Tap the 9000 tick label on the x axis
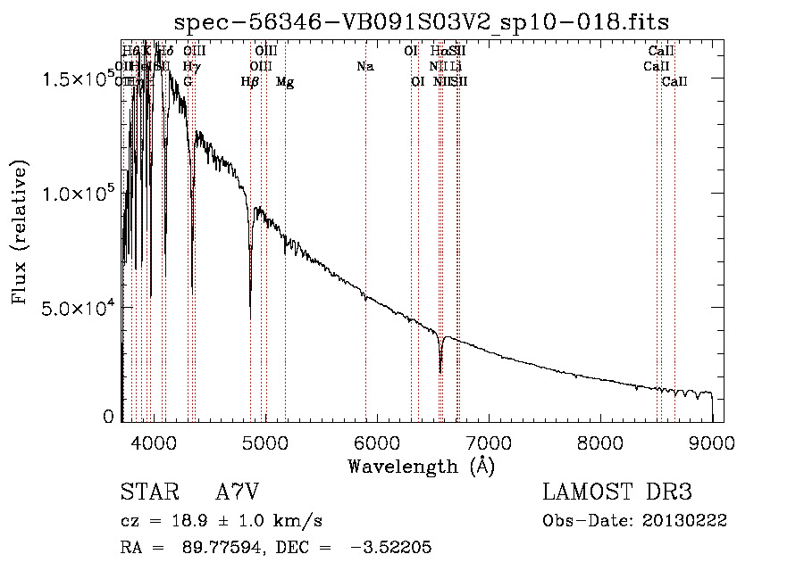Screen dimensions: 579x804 [712, 443]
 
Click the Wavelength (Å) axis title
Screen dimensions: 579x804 [421, 466]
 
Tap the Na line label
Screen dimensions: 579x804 [364, 67]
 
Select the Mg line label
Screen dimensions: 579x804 [285, 82]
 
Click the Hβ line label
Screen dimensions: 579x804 [250, 82]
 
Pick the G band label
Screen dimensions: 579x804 [188, 82]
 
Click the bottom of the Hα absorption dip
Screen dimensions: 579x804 [440, 371]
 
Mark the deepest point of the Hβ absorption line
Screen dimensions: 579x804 [250, 291]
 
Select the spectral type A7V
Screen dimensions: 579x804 [237, 492]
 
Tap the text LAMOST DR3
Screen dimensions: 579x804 [617, 492]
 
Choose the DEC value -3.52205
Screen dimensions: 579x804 [386, 548]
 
